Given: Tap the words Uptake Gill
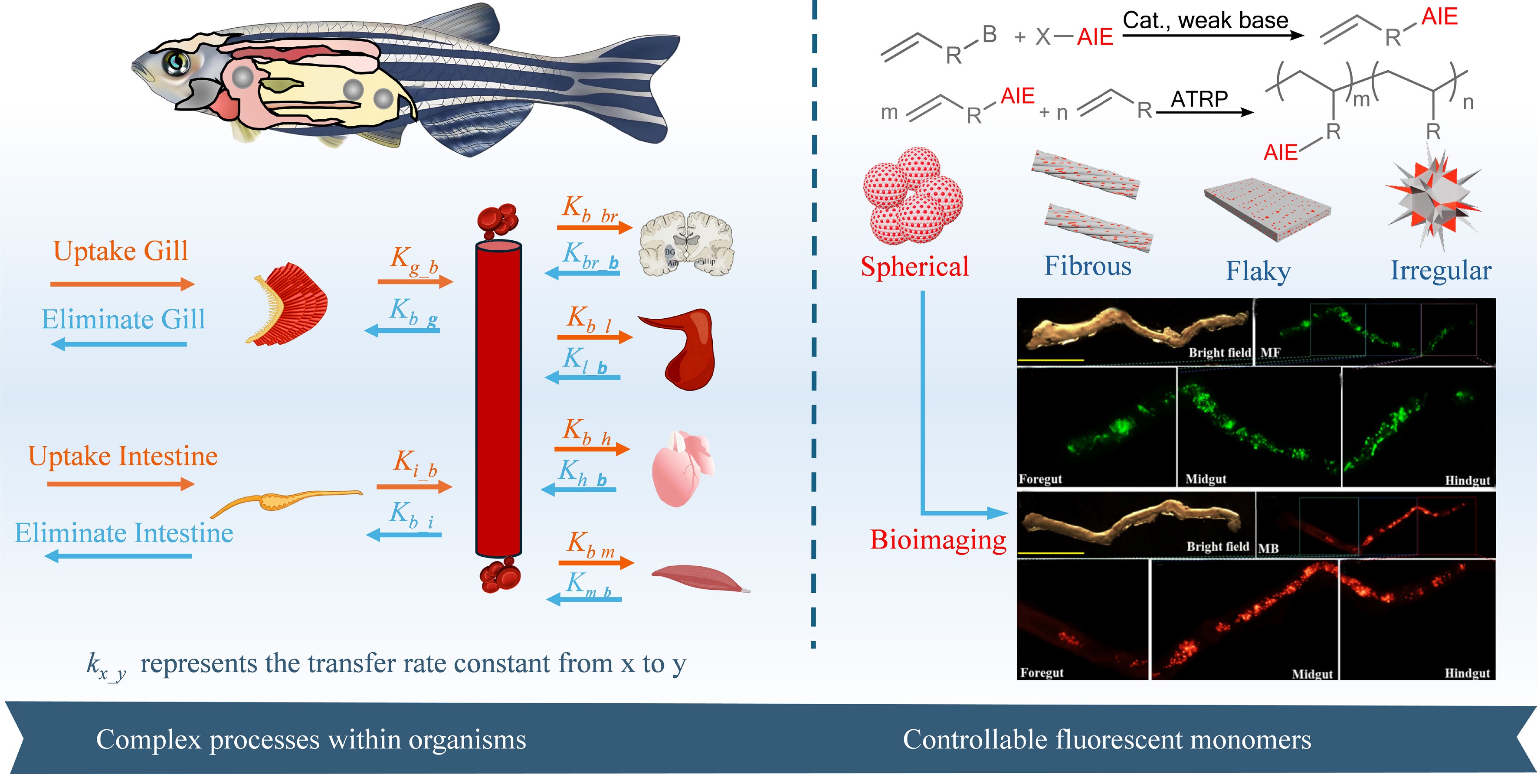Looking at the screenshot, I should [x=121, y=251].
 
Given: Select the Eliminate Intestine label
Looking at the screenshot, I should [x=124, y=532].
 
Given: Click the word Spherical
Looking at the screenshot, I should [x=914, y=266].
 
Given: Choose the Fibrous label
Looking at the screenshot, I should [x=1087, y=266].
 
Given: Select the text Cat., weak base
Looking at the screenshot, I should [x=1205, y=20].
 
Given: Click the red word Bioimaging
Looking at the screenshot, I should [x=938, y=540].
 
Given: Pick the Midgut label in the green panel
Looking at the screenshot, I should [x=1205, y=479].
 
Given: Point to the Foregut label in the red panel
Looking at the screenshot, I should [x=1042, y=673].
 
